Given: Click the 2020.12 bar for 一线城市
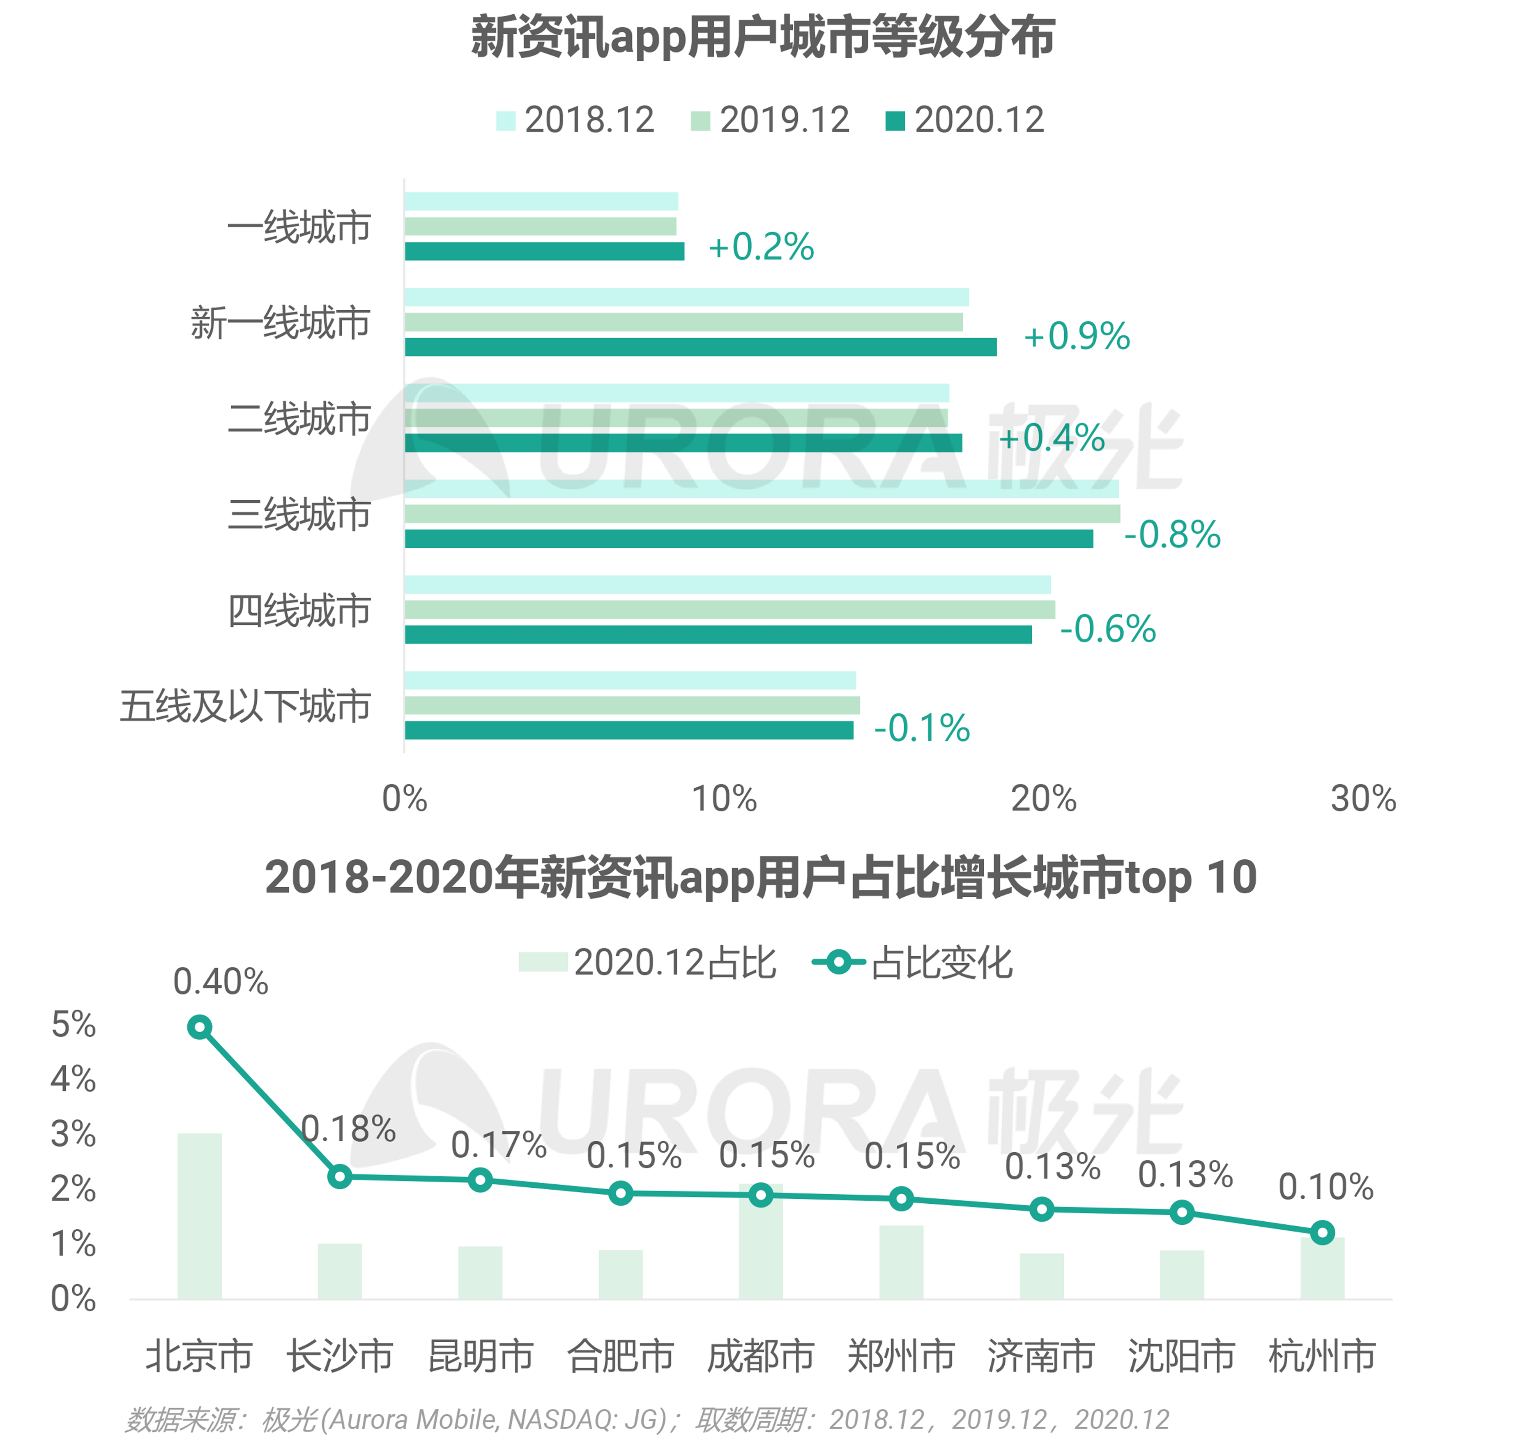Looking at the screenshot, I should (x=544, y=252).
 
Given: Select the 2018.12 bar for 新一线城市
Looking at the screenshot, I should (x=686, y=298).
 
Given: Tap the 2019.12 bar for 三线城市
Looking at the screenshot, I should (x=762, y=514).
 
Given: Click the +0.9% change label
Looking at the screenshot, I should (x=1076, y=337).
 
